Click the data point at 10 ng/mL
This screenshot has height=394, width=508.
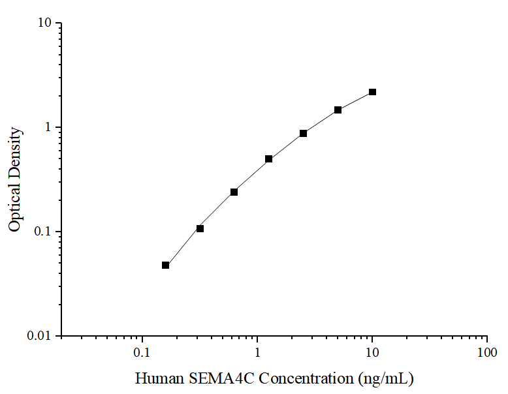372,92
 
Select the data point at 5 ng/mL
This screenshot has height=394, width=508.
338,110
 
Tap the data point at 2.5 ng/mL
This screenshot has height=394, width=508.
303,133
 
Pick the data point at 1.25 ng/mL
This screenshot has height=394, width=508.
268,159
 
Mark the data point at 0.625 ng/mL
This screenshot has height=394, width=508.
234,192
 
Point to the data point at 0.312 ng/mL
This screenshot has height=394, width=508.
200,228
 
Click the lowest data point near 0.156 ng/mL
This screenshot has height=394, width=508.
165,265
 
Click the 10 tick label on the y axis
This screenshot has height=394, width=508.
44,23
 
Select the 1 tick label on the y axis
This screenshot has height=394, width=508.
48,127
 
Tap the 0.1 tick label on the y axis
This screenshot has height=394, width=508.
42,232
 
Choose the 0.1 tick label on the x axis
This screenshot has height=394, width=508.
142,353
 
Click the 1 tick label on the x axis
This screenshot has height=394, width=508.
257,353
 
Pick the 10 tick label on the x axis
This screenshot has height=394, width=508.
372,353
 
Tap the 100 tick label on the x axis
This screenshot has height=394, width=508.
486,353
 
